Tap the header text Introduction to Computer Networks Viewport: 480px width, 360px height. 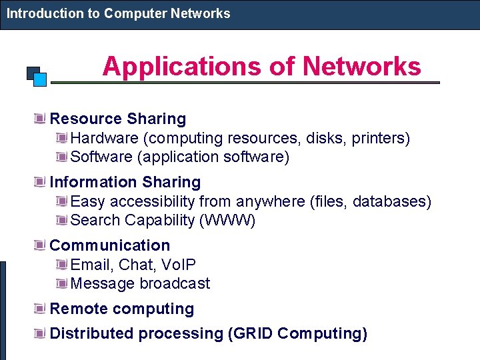point(118,13)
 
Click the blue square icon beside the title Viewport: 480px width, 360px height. point(39,79)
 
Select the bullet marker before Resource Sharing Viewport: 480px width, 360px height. point(40,119)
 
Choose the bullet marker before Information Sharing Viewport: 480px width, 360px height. point(40,183)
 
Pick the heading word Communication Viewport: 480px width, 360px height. point(110,245)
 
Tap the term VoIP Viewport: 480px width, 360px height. point(179,265)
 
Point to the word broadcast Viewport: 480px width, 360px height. point(175,283)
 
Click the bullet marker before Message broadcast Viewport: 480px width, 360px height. point(61,284)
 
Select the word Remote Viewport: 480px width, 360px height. point(79,309)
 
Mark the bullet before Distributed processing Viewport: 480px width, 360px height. point(40,333)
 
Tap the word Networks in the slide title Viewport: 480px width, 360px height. point(362,67)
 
